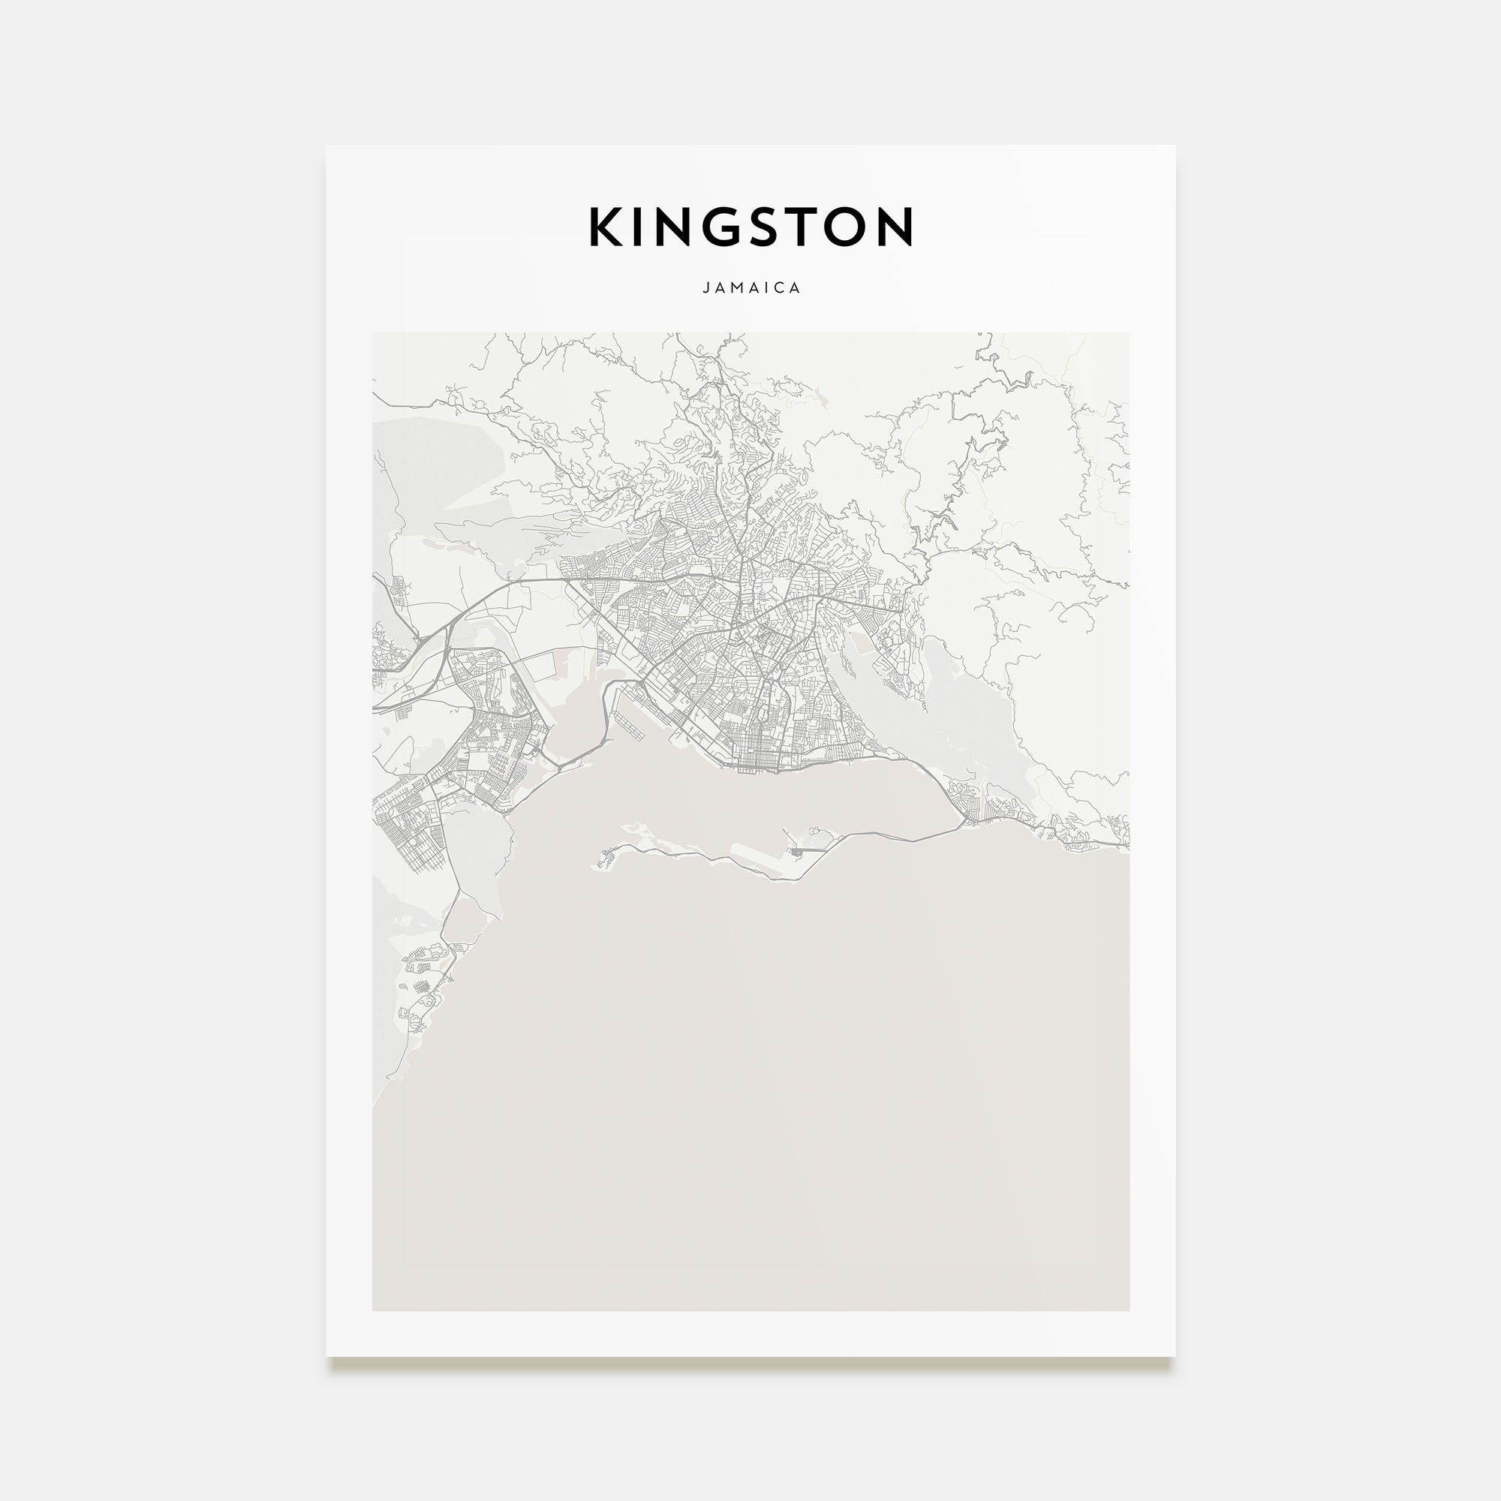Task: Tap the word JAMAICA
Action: click(x=750, y=287)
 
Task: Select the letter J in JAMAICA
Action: click(x=705, y=287)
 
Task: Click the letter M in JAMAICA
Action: click(x=736, y=287)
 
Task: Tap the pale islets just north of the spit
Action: click(x=645, y=831)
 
